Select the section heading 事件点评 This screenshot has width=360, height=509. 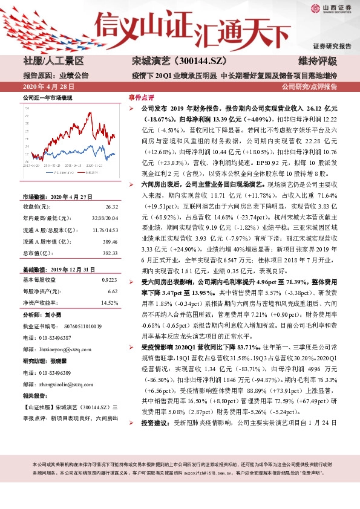click(x=142, y=97)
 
